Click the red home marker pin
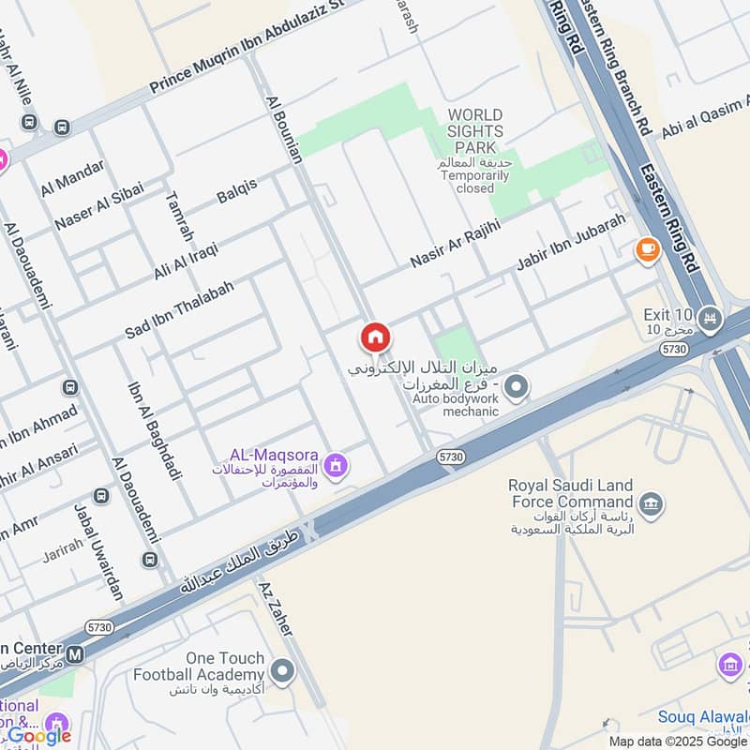[375, 337]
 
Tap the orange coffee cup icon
[647, 249]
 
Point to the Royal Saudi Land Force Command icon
[652, 504]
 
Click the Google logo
[39, 736]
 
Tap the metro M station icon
[75, 652]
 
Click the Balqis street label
[237, 190]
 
